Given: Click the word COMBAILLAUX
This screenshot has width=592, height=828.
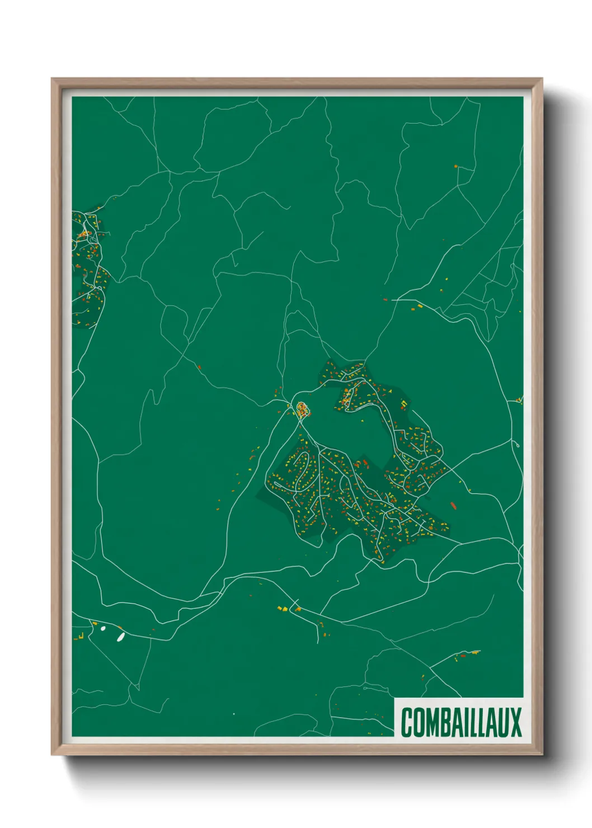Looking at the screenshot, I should pos(461,722).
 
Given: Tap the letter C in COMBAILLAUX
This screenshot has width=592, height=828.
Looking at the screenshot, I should pos(407,722).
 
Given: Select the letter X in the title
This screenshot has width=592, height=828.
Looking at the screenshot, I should pos(516,722).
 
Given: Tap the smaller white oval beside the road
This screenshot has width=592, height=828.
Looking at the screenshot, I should pos(103,628).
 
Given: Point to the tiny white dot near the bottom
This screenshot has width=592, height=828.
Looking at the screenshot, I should pos(234,714).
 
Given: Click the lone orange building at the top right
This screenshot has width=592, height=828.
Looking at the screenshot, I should pos(456,166).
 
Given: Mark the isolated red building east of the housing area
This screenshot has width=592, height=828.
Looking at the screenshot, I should pos(453,506).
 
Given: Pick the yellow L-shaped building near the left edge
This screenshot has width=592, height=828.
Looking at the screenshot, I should pos(81,636).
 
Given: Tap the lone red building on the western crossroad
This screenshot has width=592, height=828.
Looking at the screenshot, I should pos(199,367).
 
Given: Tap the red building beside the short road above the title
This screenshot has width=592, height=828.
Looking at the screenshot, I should pos(462,655).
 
